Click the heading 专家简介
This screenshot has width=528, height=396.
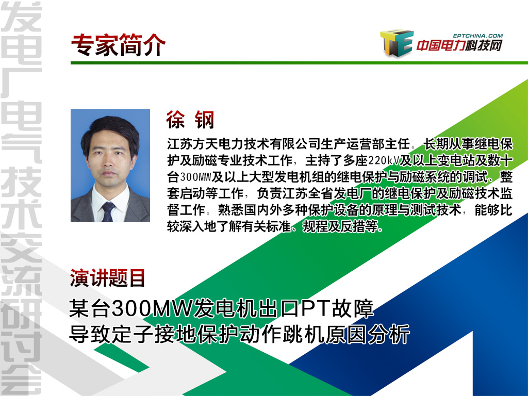pos(118,45)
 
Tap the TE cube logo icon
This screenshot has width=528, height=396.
pos(397,42)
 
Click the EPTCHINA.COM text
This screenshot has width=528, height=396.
pos(477,36)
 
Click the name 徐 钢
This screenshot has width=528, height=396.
pos(190,120)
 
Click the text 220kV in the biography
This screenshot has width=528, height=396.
pos(384,161)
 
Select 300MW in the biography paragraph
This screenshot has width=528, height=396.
pos(196,177)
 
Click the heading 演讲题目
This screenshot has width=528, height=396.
pos(107,278)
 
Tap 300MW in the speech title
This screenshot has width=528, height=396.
pos(152,308)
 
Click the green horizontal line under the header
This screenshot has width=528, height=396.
pos(299,62)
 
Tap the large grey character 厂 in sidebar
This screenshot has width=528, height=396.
pos(21,83)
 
